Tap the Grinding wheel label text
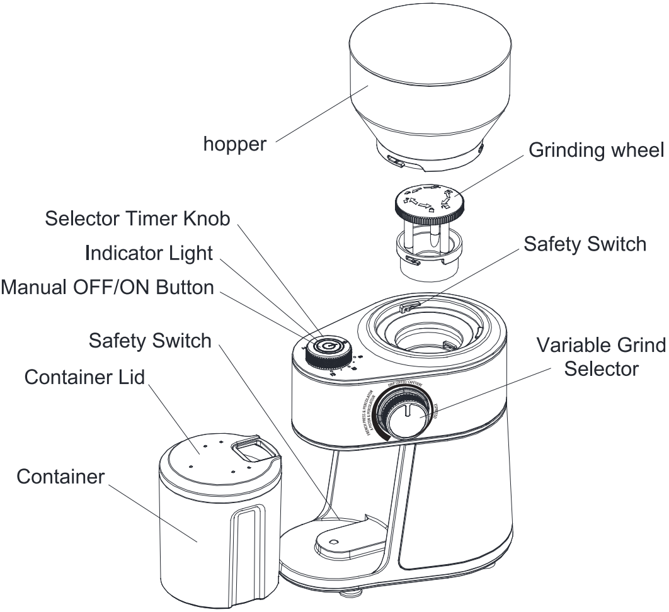(x=596, y=152)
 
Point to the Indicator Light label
(x=149, y=252)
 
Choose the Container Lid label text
(x=84, y=378)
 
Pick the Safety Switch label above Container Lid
(x=150, y=341)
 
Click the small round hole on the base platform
(x=334, y=541)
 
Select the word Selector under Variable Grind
(x=602, y=368)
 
